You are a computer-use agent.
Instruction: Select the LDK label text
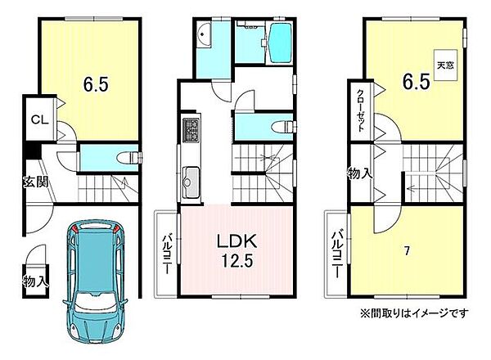(x=237, y=243)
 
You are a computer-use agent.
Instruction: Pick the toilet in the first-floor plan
(x=128, y=155)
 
